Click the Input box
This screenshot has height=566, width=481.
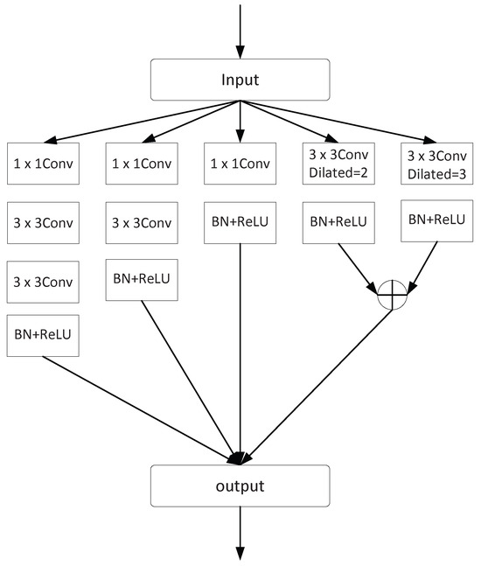(240, 80)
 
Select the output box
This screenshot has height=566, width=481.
(240, 485)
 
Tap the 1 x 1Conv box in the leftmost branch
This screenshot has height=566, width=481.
(43, 162)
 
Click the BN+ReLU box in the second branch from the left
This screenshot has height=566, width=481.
(142, 279)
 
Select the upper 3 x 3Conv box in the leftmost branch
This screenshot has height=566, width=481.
(43, 224)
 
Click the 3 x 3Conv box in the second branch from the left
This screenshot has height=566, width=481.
(142, 224)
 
